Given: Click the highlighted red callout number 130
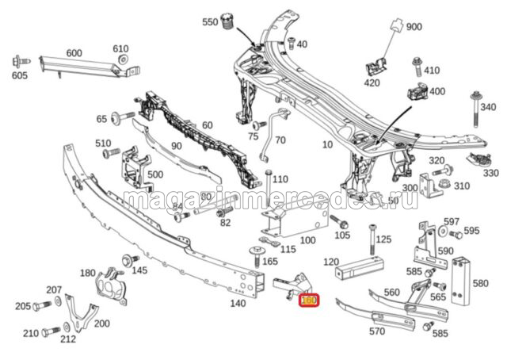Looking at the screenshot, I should (x=307, y=301).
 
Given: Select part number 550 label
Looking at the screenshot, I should (x=209, y=22).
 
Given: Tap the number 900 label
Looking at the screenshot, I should (x=414, y=27).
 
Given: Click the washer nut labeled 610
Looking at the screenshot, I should (x=123, y=62).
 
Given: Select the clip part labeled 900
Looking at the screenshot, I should (x=394, y=33).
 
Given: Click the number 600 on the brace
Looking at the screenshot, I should (x=74, y=53).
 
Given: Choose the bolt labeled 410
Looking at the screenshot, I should (x=417, y=67).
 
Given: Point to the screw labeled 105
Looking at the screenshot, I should (x=337, y=220).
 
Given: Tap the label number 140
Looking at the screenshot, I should (x=236, y=303).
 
